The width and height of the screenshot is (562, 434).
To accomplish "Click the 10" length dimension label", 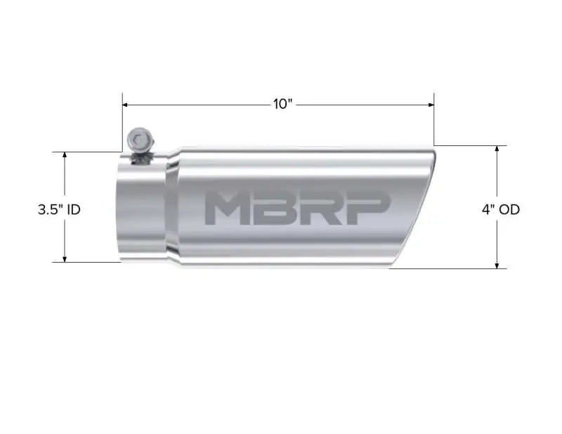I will point(282,104).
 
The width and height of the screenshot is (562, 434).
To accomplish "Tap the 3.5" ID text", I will point(59,209).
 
